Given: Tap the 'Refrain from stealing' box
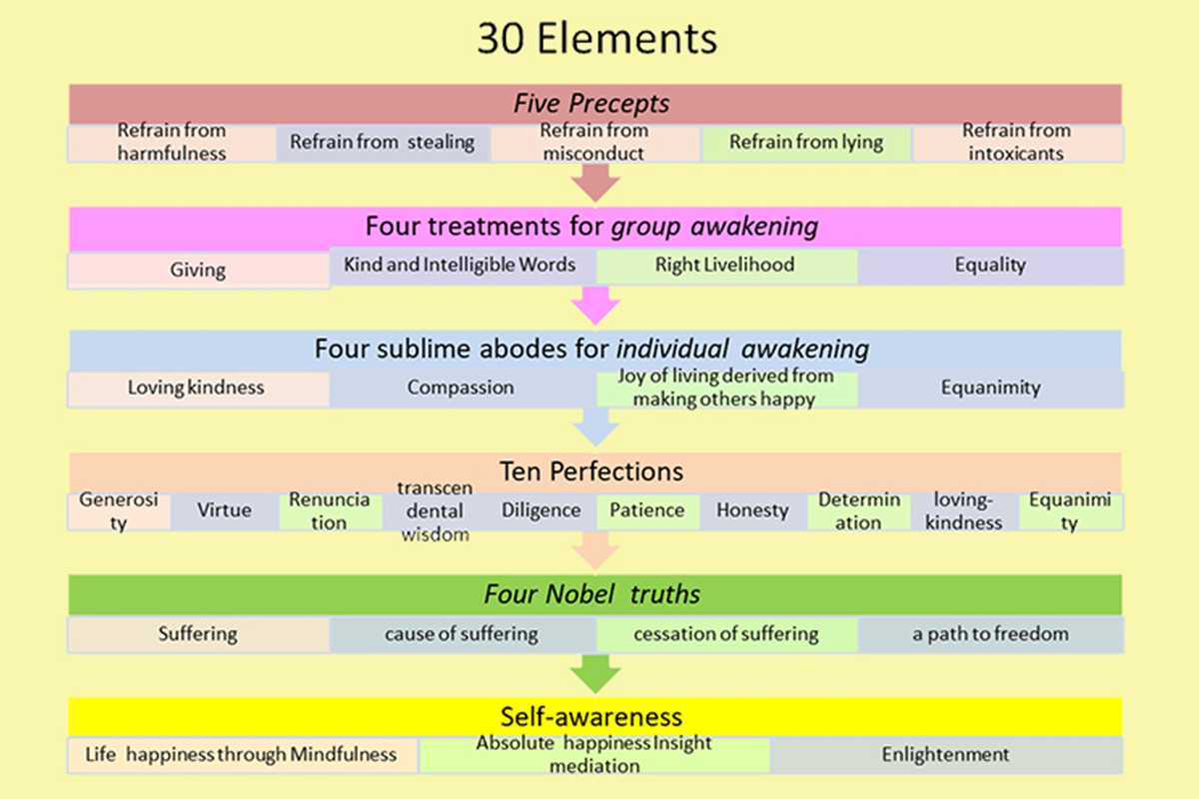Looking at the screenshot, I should point(383,143).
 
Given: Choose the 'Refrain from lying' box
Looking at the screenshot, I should point(805,143).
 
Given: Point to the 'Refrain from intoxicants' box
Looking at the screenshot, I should point(1015,143).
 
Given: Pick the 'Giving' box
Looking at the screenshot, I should point(198,270).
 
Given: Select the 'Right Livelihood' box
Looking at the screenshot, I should point(725,266).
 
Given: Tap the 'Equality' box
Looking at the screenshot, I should point(989,266).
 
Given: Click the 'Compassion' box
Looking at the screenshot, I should point(461,389).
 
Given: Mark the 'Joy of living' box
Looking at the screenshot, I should point(725,389).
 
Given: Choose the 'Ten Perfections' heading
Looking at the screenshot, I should point(592,470).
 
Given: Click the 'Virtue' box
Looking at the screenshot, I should point(225,510).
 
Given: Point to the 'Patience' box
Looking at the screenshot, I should point(647,510).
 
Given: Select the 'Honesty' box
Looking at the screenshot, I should point(752,510).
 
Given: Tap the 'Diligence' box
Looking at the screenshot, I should point(541,510).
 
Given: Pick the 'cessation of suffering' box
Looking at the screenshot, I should point(725,634).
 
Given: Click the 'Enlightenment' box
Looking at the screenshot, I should point(945,755).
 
